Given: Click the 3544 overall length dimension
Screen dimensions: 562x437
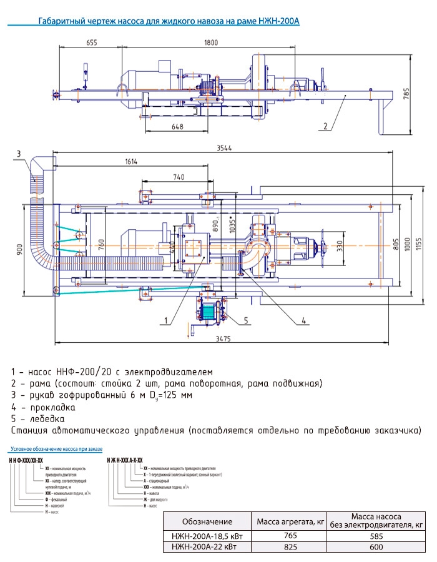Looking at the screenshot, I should [x=225, y=149].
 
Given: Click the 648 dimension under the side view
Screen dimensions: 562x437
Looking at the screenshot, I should [x=178, y=127].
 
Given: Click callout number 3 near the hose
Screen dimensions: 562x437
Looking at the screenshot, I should [x=19, y=154].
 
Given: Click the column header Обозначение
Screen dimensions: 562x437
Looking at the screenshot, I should [x=207, y=521].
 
